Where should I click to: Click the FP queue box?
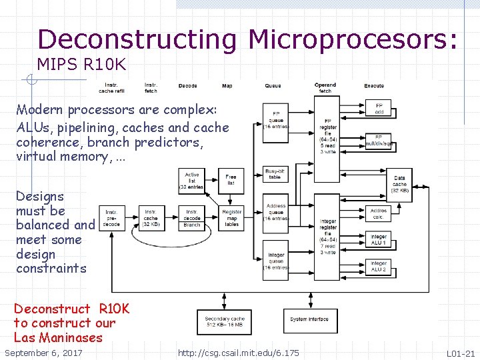[276, 119]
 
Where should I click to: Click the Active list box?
[192, 181]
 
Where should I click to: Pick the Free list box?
[231, 181]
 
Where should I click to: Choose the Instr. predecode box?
[111, 219]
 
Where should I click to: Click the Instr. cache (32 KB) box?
[151, 218]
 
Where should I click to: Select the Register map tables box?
[231, 218]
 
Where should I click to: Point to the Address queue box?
[276, 212]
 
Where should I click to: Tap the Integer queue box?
[276, 259]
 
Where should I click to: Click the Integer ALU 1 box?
[379, 239]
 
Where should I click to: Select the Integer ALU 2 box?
[379, 266]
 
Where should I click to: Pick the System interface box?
[310, 320]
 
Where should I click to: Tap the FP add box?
[379, 108]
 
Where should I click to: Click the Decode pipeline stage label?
[187, 86]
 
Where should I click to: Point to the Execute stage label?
[374, 86]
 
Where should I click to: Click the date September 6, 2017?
[43, 353]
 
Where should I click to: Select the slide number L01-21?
[460, 353]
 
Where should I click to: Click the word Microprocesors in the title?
[353, 40]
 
